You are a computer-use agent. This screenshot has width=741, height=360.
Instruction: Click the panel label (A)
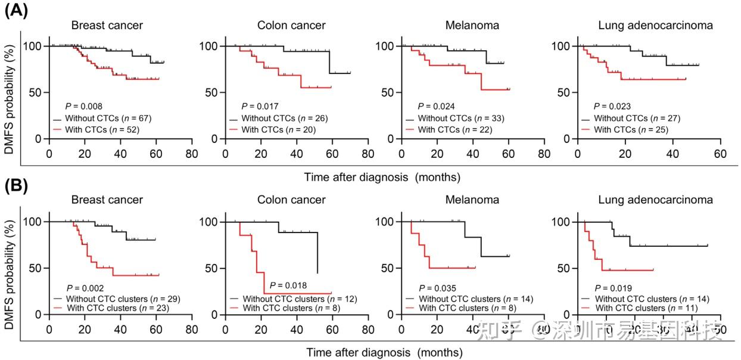click(15, 12)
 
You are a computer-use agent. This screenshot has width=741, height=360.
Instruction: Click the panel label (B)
click(15, 188)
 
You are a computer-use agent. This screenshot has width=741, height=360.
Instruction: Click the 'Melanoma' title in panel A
click(472, 26)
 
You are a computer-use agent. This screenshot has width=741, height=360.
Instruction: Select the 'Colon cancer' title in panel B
click(291, 200)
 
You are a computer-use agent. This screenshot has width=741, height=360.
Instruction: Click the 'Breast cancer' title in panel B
click(107, 200)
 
